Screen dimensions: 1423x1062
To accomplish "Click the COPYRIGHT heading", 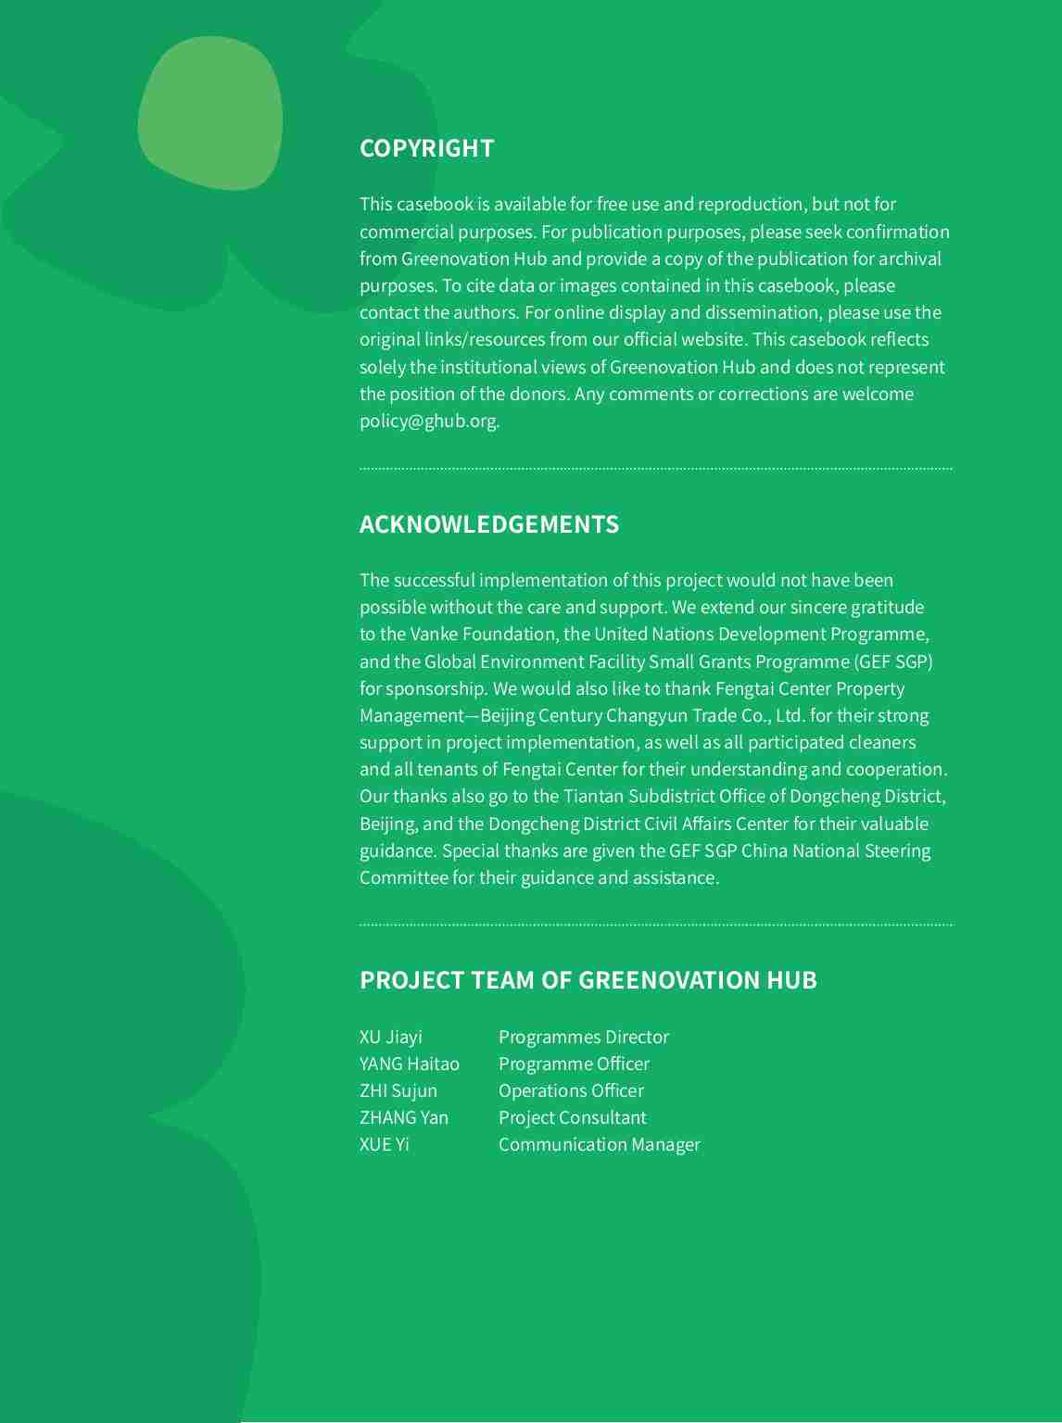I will pyautogui.click(x=426, y=148).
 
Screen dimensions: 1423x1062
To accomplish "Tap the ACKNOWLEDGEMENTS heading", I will pyautogui.click(x=488, y=524).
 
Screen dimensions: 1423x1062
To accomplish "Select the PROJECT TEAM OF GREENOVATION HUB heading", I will pyautogui.click(x=588, y=980).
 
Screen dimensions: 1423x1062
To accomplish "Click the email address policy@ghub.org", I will pyautogui.click(x=428, y=421).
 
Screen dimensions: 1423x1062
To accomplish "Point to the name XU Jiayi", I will pyautogui.click(x=390, y=1037).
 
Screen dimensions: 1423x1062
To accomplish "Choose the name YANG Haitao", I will pyautogui.click(x=409, y=1064).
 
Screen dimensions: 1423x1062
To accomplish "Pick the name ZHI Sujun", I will pyautogui.click(x=398, y=1090).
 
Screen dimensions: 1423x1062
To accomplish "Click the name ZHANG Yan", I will pyautogui.click(x=403, y=1117).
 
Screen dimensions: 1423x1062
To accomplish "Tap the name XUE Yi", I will pyautogui.click(x=384, y=1144).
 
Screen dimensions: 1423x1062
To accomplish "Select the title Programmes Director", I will pyautogui.click(x=583, y=1037).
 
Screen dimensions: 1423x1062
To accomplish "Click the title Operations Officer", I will pyautogui.click(x=571, y=1090).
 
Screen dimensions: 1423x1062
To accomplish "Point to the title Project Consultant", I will pyautogui.click(x=572, y=1117).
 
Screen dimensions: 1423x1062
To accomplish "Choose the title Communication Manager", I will pyautogui.click(x=599, y=1144).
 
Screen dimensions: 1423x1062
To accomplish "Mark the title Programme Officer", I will pyautogui.click(x=574, y=1064).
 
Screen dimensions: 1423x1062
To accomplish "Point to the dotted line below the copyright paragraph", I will pyautogui.click(x=655, y=469).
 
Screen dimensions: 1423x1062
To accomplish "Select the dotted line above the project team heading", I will pyautogui.click(x=655, y=925).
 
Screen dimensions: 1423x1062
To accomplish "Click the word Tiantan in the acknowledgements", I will pyautogui.click(x=593, y=797).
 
